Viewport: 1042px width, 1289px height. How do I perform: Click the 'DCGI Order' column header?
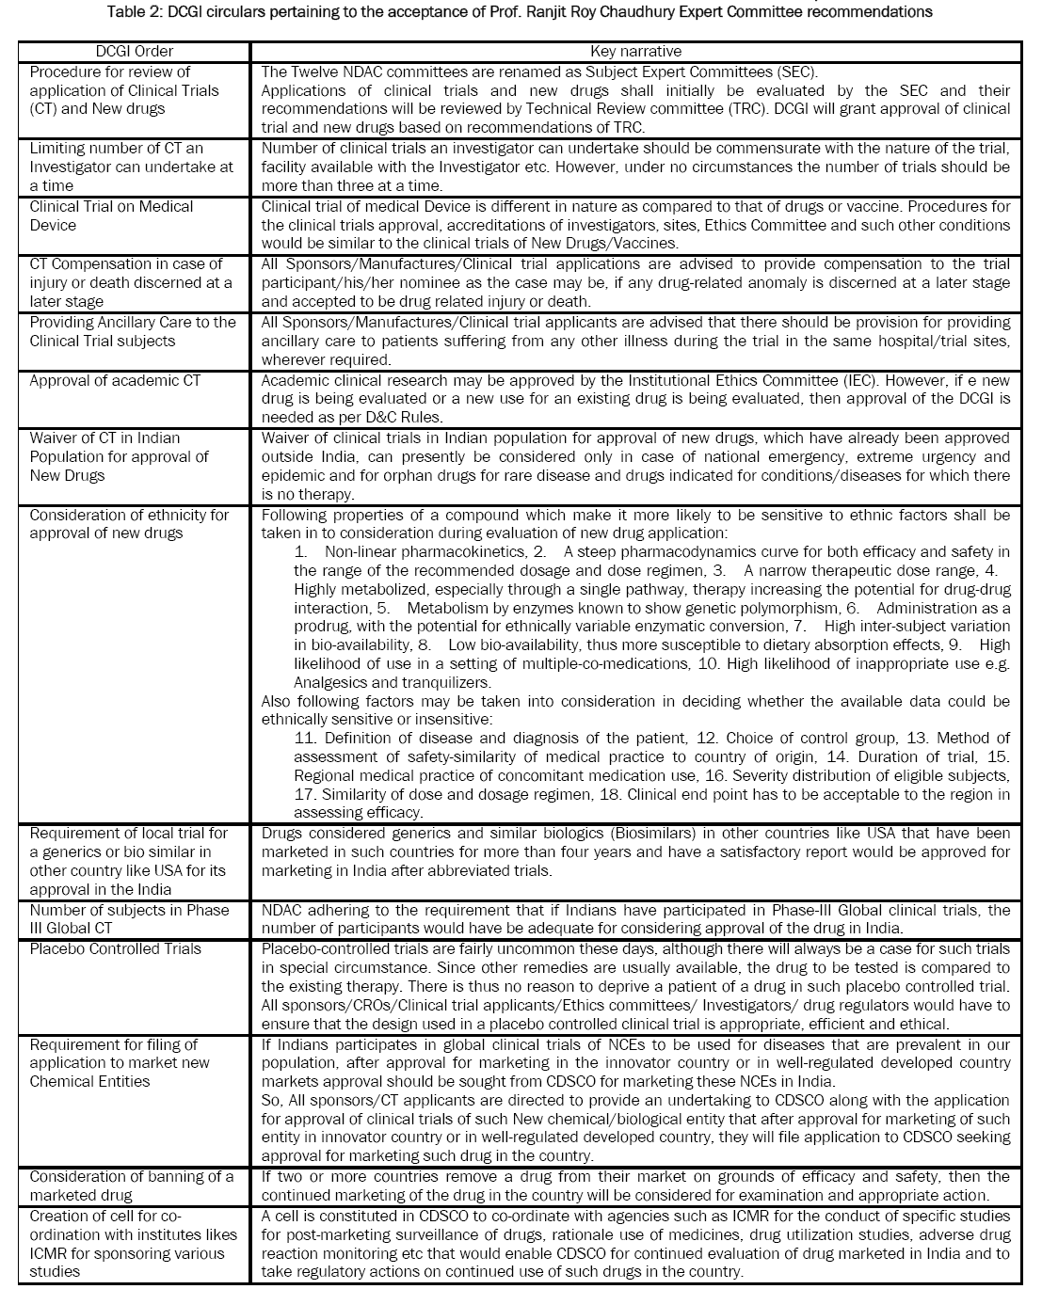click(135, 52)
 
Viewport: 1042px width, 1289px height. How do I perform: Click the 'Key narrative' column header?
click(635, 52)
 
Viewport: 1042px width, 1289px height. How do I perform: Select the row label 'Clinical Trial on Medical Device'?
click(111, 215)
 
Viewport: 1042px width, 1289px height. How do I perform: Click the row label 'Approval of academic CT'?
click(115, 380)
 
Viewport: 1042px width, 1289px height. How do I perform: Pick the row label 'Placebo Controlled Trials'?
click(115, 948)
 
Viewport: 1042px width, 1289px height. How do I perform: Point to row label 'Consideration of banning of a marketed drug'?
click(131, 1186)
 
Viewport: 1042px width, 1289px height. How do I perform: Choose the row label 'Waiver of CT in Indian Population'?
click(119, 456)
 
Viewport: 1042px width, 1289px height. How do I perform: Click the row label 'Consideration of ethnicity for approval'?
click(129, 524)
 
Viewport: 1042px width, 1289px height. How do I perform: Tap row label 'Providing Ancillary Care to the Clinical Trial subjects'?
click(133, 331)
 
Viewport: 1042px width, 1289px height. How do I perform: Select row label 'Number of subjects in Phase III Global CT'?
click(129, 919)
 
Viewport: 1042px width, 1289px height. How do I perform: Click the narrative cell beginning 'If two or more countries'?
click(635, 1186)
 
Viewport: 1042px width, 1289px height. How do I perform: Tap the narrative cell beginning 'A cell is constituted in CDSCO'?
click(635, 1244)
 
